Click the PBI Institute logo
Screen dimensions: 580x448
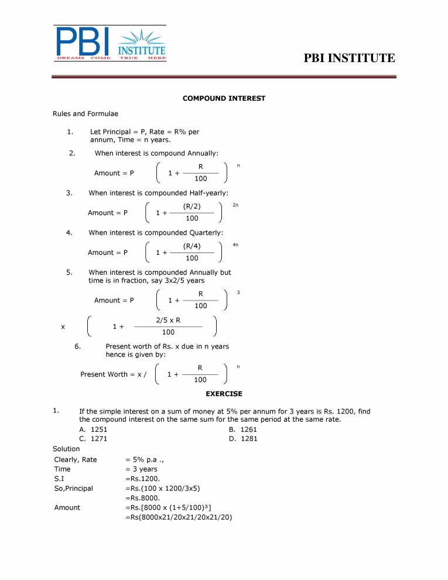click(x=110, y=43)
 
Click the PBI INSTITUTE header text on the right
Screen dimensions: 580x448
click(x=350, y=58)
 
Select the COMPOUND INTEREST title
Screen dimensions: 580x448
click(x=224, y=98)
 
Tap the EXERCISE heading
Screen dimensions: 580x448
click(x=224, y=394)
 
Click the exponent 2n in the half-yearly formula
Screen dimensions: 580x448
click(x=235, y=205)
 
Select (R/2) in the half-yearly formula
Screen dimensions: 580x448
click(x=191, y=207)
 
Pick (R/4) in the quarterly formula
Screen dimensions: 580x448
click(x=191, y=246)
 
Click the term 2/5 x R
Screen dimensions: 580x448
click(x=168, y=320)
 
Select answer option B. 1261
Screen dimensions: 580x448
click(x=244, y=429)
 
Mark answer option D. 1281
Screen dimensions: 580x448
click(x=244, y=439)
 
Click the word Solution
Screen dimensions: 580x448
click(x=66, y=449)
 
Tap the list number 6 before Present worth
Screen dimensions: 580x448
click(x=77, y=346)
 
